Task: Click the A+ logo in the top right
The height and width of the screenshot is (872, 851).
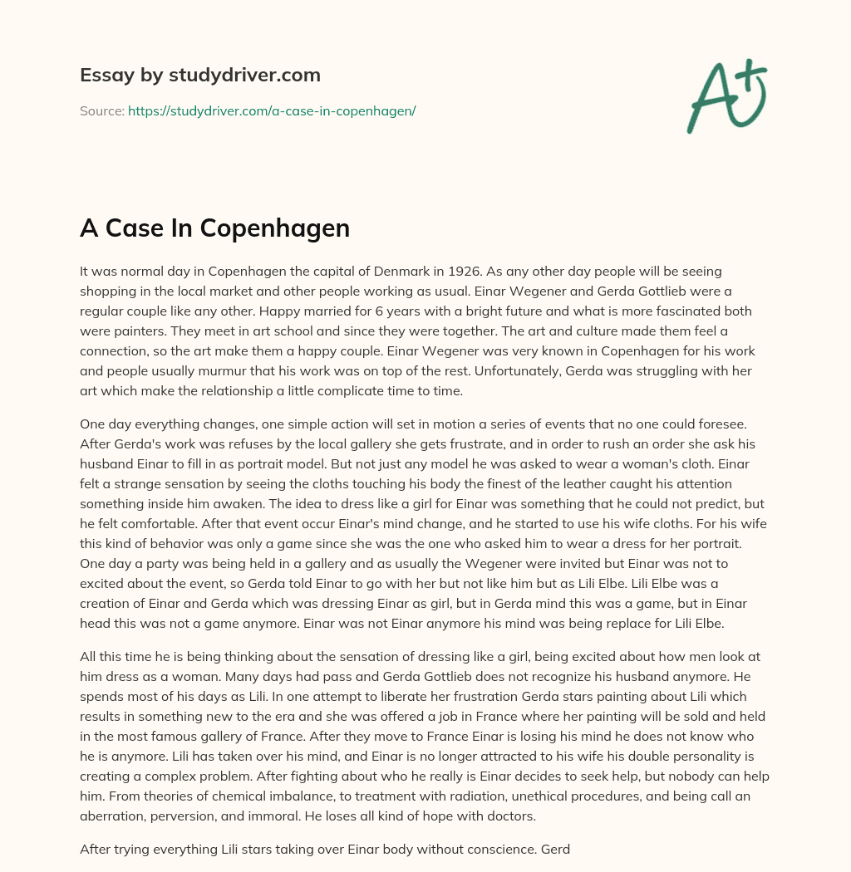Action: coord(726,96)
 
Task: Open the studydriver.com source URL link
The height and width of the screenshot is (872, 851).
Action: coord(272,110)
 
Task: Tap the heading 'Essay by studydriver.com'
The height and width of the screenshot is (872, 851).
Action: coord(199,75)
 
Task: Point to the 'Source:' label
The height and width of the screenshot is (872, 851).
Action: coord(101,110)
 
